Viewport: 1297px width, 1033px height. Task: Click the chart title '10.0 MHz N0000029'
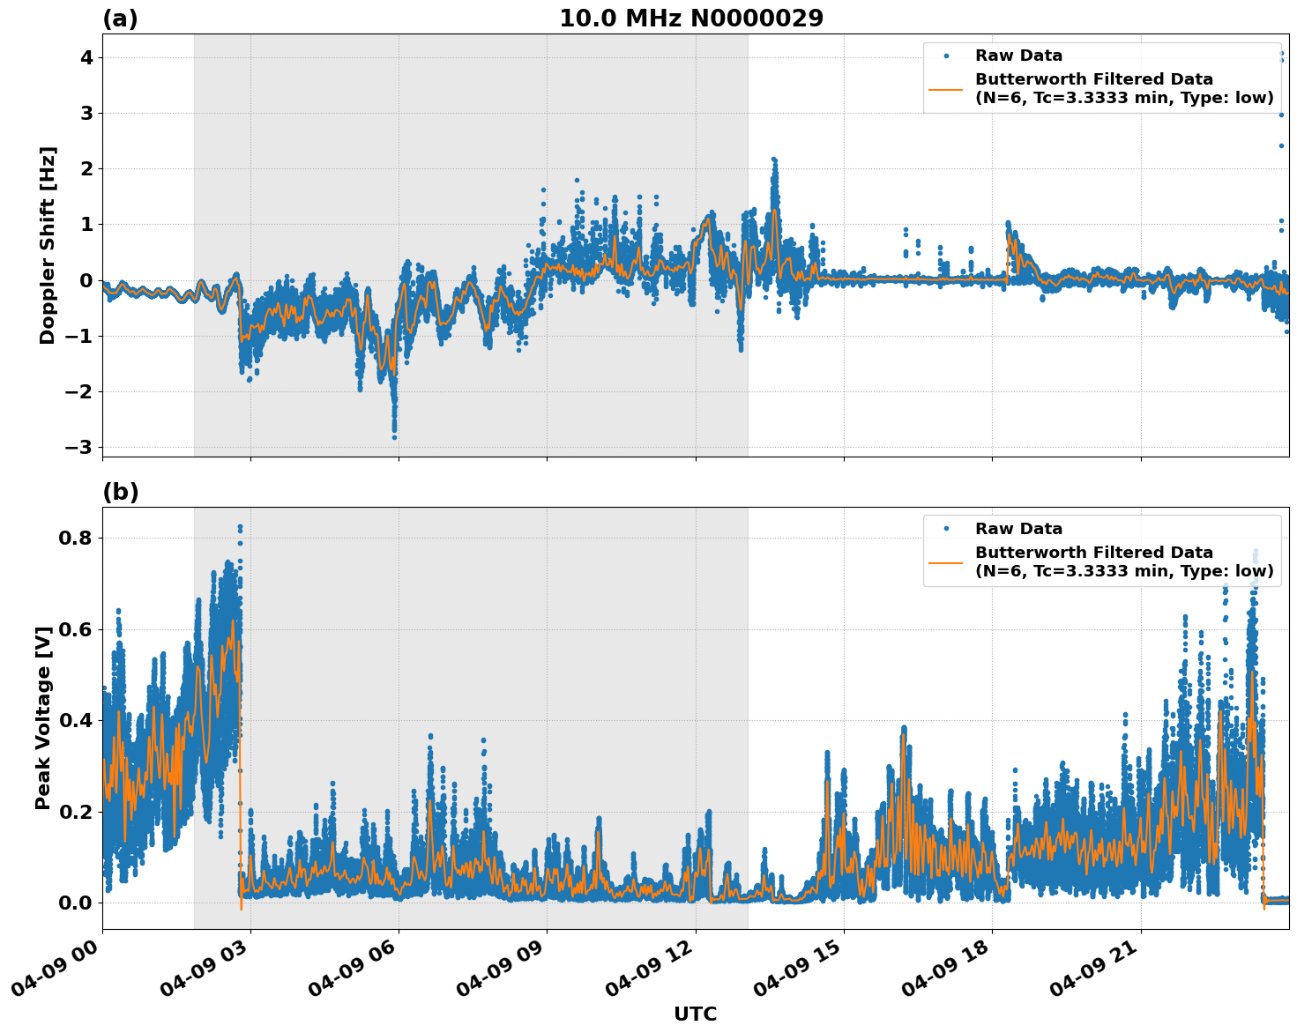tap(691, 19)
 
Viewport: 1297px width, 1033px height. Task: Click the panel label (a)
tap(120, 19)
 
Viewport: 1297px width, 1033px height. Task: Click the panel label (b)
tap(120, 492)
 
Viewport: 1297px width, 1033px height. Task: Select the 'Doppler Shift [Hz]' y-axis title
tap(48, 245)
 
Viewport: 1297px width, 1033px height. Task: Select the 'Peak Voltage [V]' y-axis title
tap(43, 717)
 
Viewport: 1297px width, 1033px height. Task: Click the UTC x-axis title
tap(695, 1014)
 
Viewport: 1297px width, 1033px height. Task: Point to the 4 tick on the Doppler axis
tap(86, 58)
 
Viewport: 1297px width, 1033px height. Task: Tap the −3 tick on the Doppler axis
tap(79, 447)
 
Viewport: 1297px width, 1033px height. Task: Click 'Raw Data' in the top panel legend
tap(1018, 56)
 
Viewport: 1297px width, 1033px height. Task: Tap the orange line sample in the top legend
tap(947, 88)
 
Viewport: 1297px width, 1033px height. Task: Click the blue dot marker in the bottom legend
tap(947, 529)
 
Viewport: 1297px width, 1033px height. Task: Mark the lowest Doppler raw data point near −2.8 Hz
tap(394, 437)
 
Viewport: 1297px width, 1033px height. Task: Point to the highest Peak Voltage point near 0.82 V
tap(240, 527)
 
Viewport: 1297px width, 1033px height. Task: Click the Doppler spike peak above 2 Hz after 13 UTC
tap(773, 160)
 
